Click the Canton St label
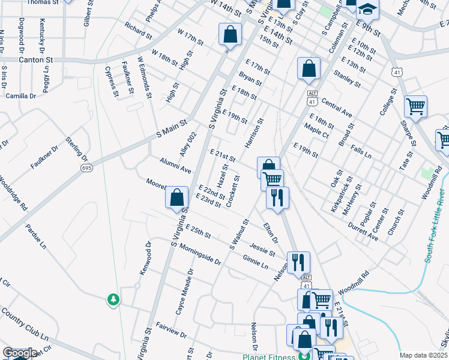[28, 60]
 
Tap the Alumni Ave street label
[175, 166]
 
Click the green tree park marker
[113, 299]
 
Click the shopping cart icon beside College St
[415, 107]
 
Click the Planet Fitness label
[274, 356]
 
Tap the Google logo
[19, 353]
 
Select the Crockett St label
[233, 191]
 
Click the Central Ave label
[337, 108]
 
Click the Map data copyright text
[423, 355]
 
